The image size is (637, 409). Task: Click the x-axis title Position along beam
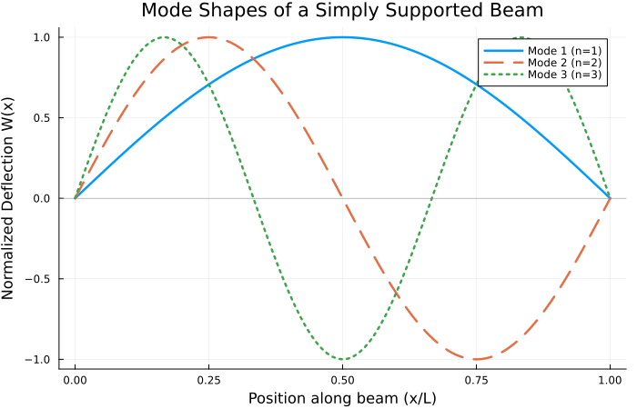pos(342,397)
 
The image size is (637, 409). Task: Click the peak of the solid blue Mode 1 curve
pos(342,37)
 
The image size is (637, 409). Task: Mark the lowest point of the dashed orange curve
pos(476,359)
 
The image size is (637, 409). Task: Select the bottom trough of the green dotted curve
pos(342,359)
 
